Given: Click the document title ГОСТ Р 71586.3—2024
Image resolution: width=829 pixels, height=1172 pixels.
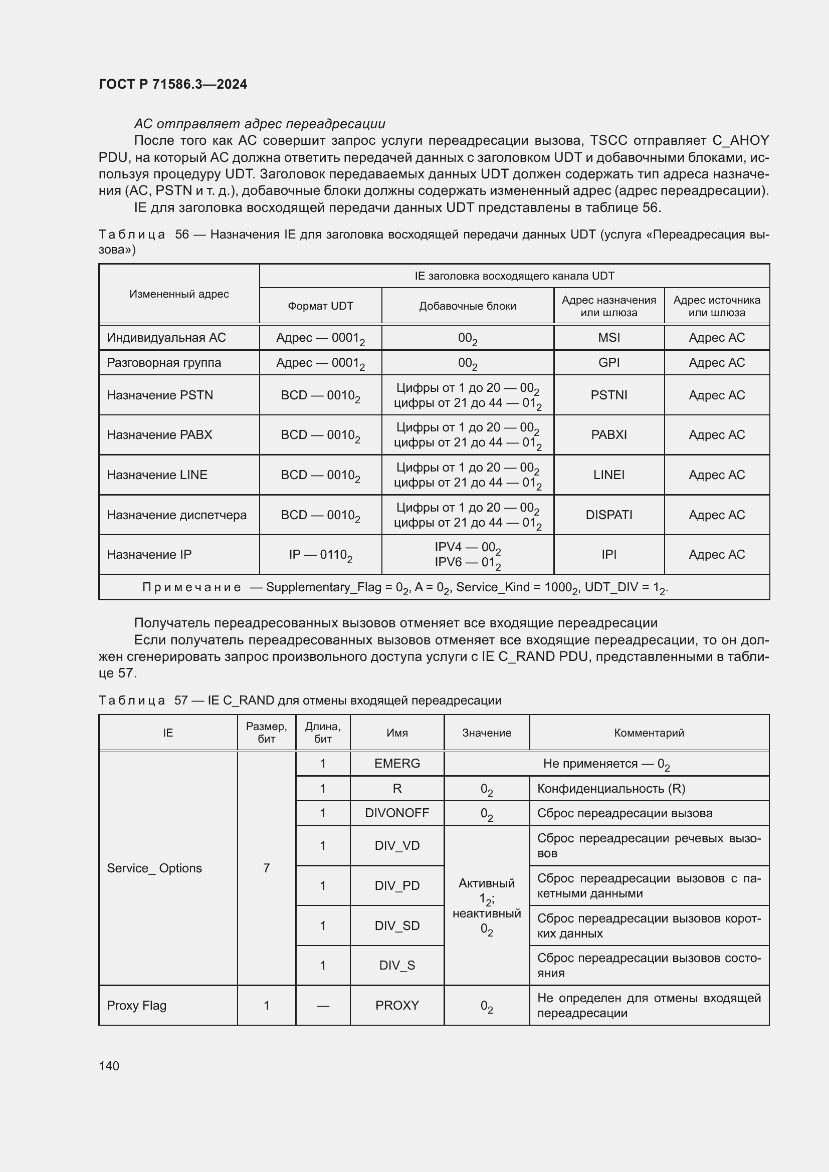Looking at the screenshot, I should pyautogui.click(x=172, y=84).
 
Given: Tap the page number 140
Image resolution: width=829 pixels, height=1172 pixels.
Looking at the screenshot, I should pyautogui.click(x=109, y=1066).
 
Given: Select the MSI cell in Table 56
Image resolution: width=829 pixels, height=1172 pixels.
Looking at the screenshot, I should pyautogui.click(x=608, y=337).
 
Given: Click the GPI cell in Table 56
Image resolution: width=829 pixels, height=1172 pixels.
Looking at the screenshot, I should pyautogui.click(x=608, y=362).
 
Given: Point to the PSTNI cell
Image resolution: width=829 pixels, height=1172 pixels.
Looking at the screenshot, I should pyautogui.click(x=608, y=395).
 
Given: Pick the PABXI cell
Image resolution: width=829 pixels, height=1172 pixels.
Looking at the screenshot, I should pyautogui.click(x=608, y=434).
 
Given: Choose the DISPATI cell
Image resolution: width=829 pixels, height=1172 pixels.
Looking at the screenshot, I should pyautogui.click(x=608, y=515).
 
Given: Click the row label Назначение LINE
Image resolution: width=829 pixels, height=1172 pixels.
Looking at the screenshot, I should pyautogui.click(x=157, y=475).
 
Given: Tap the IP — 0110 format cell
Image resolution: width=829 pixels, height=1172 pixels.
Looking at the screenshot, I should pyautogui.click(x=320, y=555).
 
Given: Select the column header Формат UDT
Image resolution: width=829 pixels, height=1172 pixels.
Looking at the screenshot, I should pyautogui.click(x=320, y=306).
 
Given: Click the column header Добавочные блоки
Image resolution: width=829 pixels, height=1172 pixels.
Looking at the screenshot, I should pyautogui.click(x=467, y=306).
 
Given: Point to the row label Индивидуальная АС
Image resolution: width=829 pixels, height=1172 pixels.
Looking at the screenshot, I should pyautogui.click(x=166, y=337).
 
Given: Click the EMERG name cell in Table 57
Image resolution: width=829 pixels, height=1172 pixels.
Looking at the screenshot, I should pyautogui.click(x=396, y=763).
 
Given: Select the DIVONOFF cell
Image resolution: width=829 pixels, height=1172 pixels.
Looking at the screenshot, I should pyautogui.click(x=396, y=813).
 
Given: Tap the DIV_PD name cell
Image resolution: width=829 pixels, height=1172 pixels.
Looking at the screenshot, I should pyautogui.click(x=396, y=885).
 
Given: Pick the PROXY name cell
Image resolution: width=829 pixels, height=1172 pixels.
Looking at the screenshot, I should pyautogui.click(x=396, y=1005).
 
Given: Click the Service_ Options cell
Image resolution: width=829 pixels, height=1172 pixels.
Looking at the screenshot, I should pyautogui.click(x=154, y=868).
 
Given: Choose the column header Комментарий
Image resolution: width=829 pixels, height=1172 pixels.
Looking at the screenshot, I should pyautogui.click(x=648, y=733).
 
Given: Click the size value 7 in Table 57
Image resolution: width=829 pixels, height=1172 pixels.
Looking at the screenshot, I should pyautogui.click(x=266, y=868).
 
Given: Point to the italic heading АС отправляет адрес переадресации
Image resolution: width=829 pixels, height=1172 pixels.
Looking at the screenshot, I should pyautogui.click(x=259, y=124).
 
